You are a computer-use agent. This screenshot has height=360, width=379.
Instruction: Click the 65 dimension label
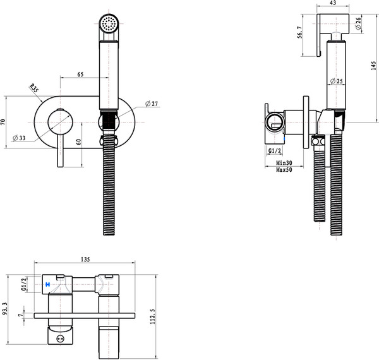(80, 74)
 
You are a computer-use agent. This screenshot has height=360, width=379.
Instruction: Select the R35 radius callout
(34, 88)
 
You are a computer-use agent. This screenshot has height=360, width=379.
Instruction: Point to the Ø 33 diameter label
(19, 138)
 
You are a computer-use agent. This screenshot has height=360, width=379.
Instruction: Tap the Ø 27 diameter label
(152, 104)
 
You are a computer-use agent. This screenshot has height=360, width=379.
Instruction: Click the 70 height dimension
(3, 122)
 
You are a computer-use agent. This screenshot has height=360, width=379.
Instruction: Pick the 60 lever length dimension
(78, 142)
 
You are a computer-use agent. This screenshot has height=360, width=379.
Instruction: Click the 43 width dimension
(333, 3)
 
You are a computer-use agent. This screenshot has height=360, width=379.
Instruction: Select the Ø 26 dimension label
(358, 23)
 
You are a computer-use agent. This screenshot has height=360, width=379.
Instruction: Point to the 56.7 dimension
(299, 32)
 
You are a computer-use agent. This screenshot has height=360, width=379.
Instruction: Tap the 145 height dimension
(373, 66)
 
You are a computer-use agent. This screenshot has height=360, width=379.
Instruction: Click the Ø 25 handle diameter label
(337, 81)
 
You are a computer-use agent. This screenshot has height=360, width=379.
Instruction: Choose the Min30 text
(284, 162)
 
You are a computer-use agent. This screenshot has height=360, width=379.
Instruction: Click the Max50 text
(284, 170)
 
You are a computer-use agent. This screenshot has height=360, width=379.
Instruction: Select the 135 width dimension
(85, 260)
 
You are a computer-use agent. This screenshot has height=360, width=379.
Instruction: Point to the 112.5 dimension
(153, 316)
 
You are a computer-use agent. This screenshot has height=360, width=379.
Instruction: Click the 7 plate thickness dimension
(21, 315)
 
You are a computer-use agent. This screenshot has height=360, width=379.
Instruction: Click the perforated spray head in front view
(109, 23)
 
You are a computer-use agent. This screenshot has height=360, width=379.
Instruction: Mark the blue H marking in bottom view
(47, 285)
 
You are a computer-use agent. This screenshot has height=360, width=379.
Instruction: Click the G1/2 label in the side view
(275, 151)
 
